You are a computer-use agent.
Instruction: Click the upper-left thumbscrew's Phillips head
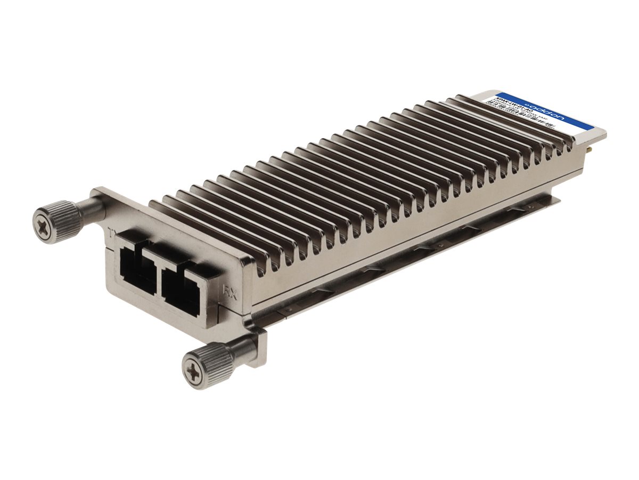click(x=43, y=219)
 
